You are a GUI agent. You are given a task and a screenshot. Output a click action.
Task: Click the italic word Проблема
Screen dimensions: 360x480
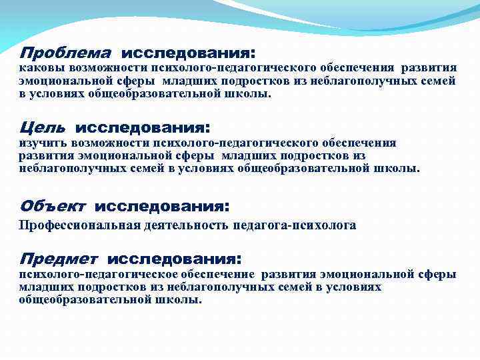pos(65,52)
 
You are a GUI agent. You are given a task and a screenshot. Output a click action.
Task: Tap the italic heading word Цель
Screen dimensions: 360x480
pos(43,127)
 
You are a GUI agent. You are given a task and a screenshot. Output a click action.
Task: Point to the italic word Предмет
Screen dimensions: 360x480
pos(59,257)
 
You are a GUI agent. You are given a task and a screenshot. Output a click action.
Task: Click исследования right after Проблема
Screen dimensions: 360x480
pos(189,52)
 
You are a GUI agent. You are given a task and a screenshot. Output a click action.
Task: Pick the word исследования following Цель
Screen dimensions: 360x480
pos(143,127)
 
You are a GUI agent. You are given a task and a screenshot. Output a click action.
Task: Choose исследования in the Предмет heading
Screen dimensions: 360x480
pos(174,257)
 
